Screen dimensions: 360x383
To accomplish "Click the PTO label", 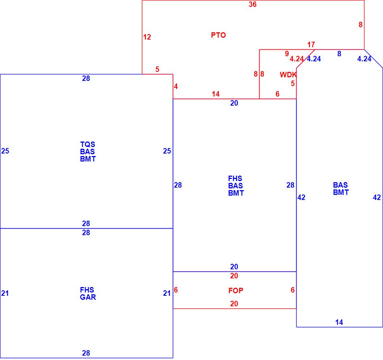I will tap(218, 35).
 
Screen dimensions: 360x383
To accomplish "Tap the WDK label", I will tap(288, 75).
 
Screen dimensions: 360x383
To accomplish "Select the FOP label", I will tap(236, 290).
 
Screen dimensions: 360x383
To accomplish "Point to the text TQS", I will tap(87, 144).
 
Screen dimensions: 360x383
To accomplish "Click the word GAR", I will tap(88, 297).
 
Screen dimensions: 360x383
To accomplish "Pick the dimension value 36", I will tap(253, 5).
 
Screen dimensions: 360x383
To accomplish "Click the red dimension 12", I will tap(147, 37).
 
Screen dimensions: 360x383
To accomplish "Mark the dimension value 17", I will tap(311, 45).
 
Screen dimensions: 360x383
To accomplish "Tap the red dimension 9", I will tap(287, 54).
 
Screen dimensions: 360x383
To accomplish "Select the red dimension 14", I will tap(216, 94).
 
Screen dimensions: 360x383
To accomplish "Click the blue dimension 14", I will tap(339, 322).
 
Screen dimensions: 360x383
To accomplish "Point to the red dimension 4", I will tap(176, 87).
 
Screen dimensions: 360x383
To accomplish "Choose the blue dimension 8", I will tap(339, 54).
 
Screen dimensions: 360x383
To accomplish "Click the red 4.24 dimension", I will tap(297, 59).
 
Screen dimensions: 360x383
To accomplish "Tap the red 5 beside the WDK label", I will tap(293, 83).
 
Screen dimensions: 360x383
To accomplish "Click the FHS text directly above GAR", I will tap(87, 290).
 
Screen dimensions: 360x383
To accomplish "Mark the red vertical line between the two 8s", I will tap(259, 74).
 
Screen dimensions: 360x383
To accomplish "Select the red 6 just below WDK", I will tap(277, 94).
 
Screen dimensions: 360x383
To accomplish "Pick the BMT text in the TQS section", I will tap(88, 159).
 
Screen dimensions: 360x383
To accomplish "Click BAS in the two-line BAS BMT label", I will tap(341, 185).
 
